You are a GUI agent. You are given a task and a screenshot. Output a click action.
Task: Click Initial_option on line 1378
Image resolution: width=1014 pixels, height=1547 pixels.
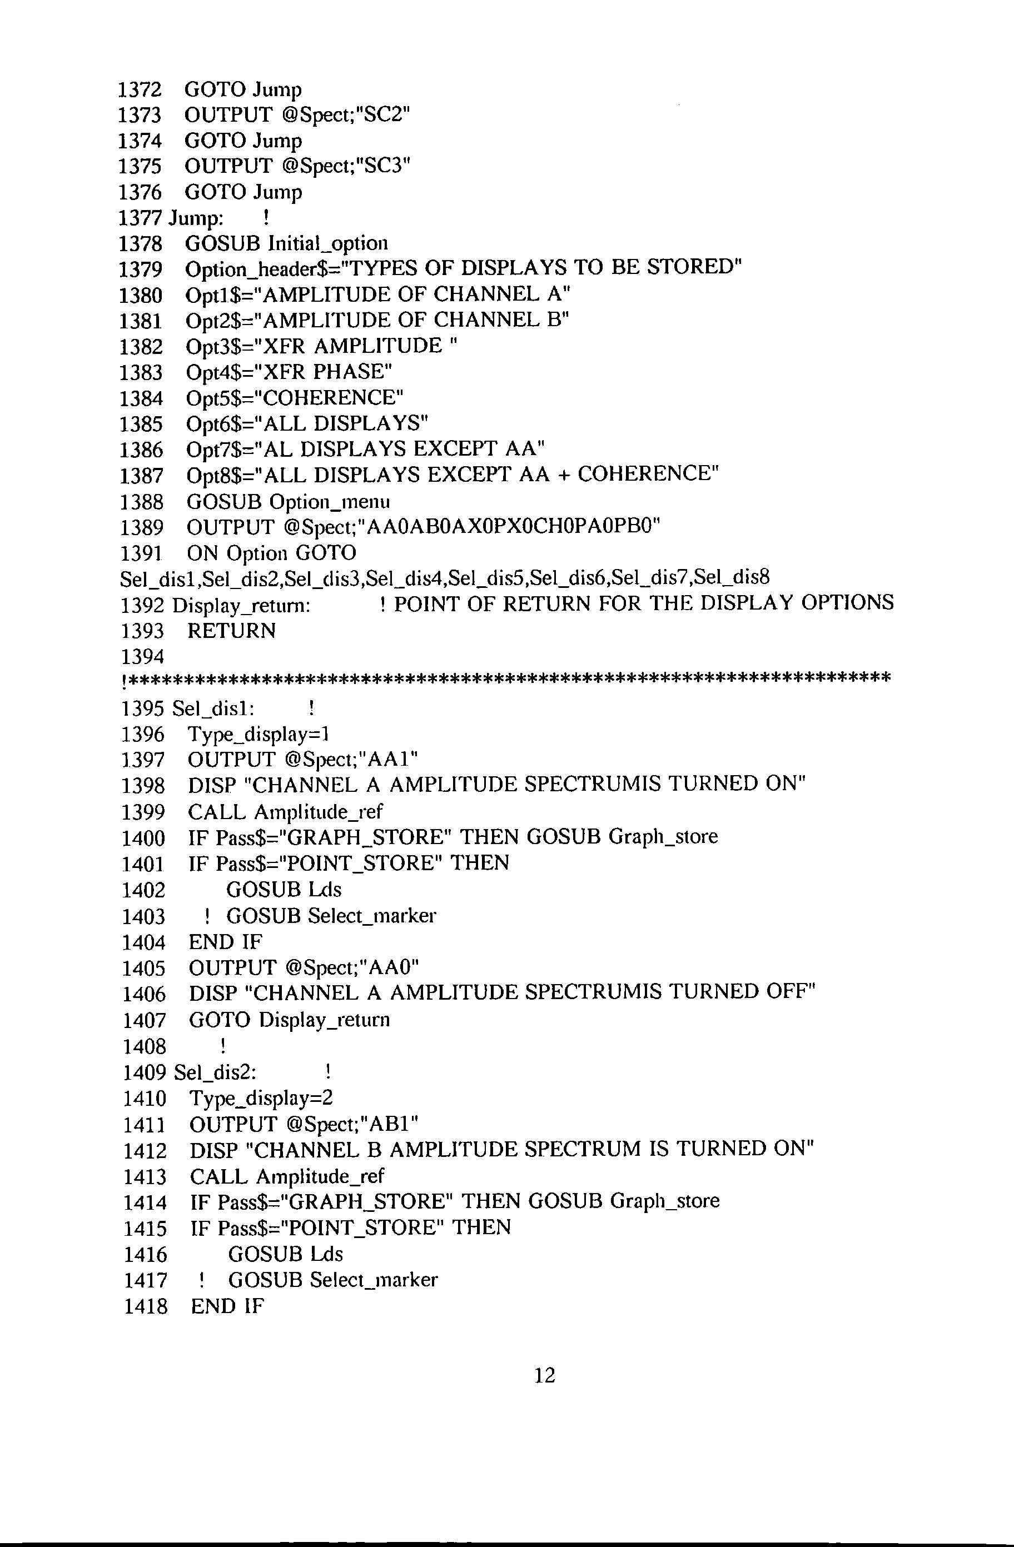pos(328,244)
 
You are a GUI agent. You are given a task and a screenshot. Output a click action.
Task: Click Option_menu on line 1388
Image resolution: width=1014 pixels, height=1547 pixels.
pos(329,502)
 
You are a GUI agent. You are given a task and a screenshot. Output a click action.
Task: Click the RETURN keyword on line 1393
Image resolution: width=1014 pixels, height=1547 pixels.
pos(232,631)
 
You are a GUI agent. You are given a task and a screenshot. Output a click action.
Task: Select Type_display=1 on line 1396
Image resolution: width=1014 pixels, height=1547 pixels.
pos(258,735)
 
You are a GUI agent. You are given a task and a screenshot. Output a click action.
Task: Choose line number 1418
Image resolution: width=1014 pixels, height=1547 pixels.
pos(145,1306)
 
